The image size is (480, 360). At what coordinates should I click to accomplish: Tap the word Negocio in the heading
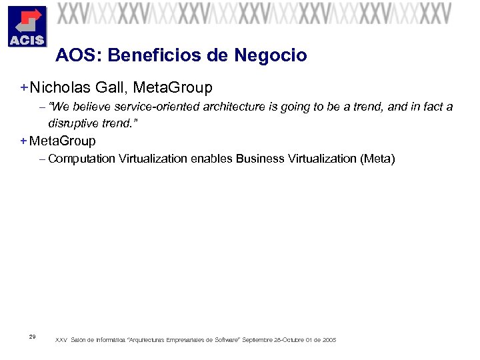coord(271,55)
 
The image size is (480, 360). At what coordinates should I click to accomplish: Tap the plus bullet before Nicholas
coord(23,87)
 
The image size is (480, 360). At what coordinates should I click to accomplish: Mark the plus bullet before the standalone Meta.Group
coord(23,141)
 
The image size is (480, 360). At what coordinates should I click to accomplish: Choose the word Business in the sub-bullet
coord(259,159)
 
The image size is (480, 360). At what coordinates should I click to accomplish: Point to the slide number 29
coord(33,336)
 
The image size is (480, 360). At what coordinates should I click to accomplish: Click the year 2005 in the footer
coord(329,340)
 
